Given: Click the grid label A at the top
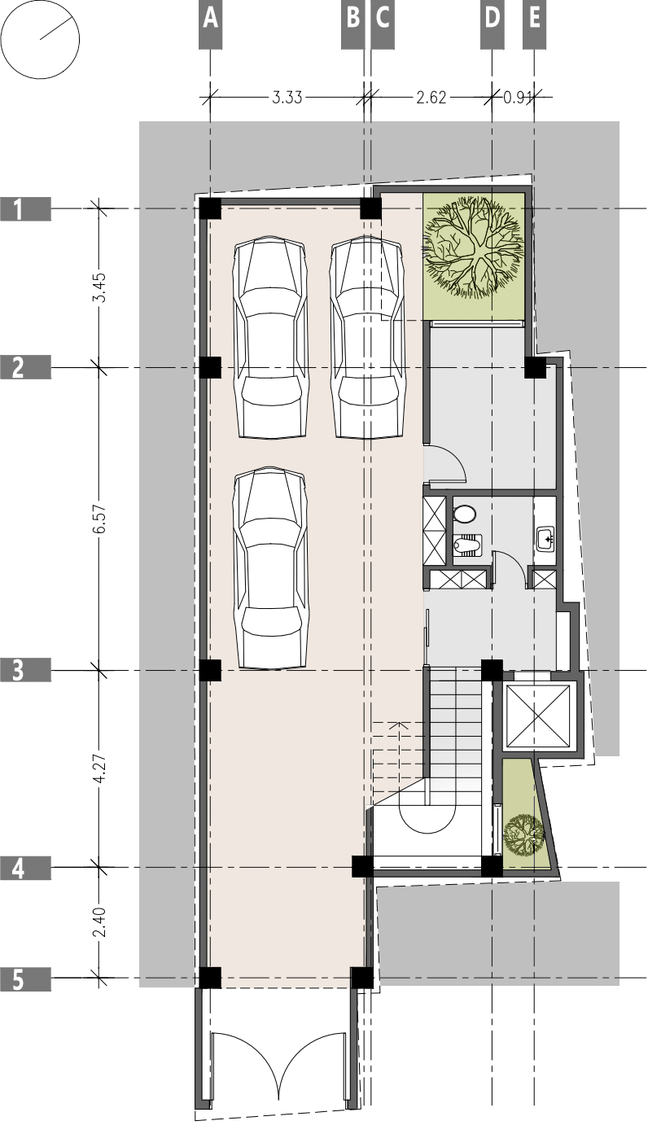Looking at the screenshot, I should click(x=210, y=19).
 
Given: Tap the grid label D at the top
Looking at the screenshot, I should click(x=492, y=19).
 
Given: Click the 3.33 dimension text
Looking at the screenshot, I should click(x=287, y=98).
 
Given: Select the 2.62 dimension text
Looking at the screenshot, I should click(x=431, y=98).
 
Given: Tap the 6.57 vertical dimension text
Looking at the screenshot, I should click(x=99, y=519).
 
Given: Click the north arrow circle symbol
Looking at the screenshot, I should click(x=40, y=40).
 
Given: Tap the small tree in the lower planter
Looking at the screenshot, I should click(x=523, y=831).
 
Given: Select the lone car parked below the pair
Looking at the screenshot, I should click(x=272, y=567).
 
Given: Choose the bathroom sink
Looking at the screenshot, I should click(x=546, y=537).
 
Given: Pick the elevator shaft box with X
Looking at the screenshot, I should click(x=538, y=716).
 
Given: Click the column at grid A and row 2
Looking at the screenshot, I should click(x=210, y=367).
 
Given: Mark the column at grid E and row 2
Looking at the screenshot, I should click(x=534, y=367).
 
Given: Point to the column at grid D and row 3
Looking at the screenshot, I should click(x=492, y=670).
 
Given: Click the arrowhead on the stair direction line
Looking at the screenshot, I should click(x=397, y=722).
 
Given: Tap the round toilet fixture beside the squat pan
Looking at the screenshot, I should click(x=465, y=514).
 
